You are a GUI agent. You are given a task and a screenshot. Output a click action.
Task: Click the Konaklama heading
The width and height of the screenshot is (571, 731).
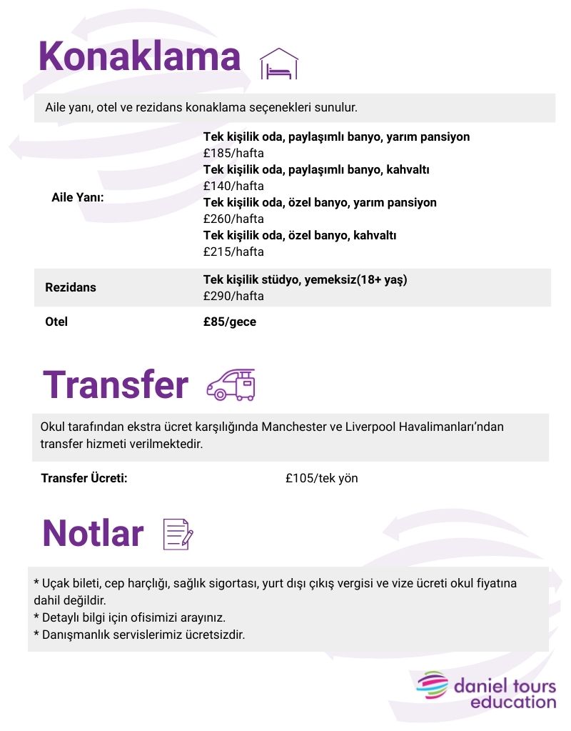coord(140,56)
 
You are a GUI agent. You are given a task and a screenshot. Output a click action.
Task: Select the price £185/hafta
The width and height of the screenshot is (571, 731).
coord(233,153)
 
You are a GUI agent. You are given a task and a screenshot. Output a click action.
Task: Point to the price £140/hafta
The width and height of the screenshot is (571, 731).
coord(233,186)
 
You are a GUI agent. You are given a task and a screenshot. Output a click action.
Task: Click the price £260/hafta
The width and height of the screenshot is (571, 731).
coord(233,219)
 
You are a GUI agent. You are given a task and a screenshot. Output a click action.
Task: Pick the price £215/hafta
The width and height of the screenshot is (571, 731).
coord(233,252)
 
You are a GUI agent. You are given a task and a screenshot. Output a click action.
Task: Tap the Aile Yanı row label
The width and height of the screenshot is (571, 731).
coord(78,197)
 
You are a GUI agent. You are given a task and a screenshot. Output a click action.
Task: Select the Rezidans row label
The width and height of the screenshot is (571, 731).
coord(70,287)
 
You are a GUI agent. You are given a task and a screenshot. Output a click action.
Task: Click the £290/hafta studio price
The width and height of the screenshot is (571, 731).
coord(233,296)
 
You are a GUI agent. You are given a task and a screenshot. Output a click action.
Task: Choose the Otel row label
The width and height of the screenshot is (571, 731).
coord(56,322)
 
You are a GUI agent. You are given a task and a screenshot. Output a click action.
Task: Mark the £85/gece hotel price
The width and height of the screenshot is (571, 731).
coord(230,322)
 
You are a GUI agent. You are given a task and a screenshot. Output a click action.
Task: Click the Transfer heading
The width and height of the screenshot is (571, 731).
coord(116,384)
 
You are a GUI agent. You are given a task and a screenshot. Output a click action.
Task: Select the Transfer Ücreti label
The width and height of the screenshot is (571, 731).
coord(84,478)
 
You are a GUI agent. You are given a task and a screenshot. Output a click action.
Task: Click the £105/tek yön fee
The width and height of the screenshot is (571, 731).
coord(321,478)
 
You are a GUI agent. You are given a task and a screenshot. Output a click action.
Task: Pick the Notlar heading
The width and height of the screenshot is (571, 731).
coord(94,533)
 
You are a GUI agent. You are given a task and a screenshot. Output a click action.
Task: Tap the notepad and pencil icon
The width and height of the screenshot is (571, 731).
coord(178,534)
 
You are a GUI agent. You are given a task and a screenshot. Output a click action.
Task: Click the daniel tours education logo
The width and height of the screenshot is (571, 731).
coord(487,690)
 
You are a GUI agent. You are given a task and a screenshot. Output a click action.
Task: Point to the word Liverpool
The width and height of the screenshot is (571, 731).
coord(368,427)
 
